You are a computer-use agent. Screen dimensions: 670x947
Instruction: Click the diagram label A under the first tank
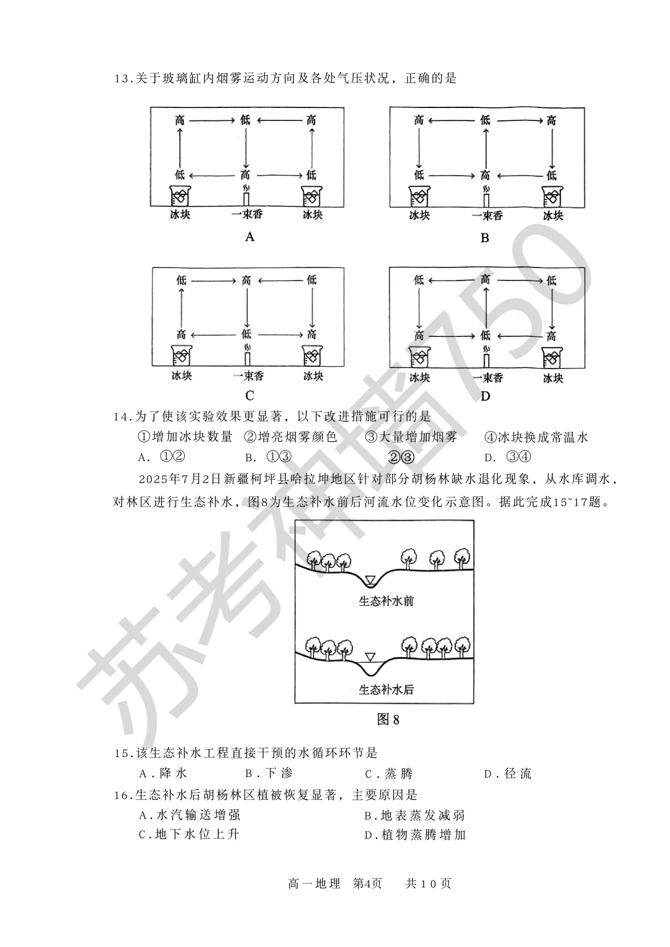250,236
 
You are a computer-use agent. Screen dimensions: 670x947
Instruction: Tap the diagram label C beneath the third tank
250,396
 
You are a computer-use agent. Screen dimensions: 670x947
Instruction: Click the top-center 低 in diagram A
246,120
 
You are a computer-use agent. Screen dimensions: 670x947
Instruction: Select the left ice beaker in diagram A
180,196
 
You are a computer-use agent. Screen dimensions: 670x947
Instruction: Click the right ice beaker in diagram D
552,358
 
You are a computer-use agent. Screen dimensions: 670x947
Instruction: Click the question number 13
122,79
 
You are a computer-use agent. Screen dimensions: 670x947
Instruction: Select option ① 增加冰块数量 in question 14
185,437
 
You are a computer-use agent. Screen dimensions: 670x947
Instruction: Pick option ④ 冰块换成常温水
536,437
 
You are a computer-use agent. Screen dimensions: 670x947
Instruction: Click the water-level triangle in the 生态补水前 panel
370,580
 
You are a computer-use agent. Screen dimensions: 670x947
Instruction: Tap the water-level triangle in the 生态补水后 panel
370,657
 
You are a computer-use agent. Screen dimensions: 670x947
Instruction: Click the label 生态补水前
386,601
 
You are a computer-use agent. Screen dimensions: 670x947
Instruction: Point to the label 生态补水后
386,689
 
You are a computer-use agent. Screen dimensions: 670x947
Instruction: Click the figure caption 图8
388,720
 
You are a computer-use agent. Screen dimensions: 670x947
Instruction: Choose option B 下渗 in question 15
269,773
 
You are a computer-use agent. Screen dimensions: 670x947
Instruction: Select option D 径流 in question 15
508,773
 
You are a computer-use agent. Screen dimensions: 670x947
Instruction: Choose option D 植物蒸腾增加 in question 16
415,835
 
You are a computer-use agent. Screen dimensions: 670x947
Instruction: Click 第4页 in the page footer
368,883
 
